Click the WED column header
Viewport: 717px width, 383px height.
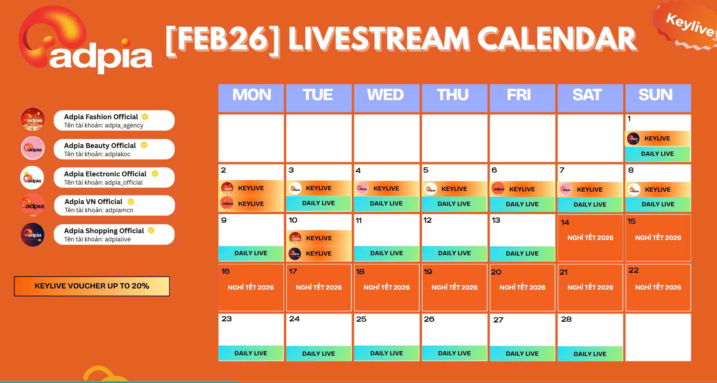tap(386, 98)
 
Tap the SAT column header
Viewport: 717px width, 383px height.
tap(590, 98)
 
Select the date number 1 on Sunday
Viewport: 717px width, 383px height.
tap(629, 119)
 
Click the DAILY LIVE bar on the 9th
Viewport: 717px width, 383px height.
tap(251, 253)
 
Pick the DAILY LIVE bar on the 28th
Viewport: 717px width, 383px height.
tap(590, 353)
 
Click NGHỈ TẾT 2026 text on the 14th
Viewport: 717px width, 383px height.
tap(590, 238)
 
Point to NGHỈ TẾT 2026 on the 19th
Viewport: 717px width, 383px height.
tap(454, 287)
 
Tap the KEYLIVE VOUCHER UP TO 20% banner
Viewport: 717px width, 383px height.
tap(92, 286)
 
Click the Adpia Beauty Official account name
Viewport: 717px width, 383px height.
tap(100, 145)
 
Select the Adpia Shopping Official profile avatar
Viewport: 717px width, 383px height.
tap(33, 235)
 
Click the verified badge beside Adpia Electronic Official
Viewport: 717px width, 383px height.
tap(155, 174)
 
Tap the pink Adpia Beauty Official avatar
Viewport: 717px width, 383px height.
tap(33, 148)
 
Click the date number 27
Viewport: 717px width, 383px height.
tap(498, 320)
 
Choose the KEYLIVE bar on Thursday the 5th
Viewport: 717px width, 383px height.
tap(454, 189)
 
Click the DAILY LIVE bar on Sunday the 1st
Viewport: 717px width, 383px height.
tap(658, 154)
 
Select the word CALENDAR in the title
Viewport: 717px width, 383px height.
tap(557, 39)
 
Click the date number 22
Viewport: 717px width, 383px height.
tap(634, 270)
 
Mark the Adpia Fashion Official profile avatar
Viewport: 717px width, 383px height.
tap(33, 120)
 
